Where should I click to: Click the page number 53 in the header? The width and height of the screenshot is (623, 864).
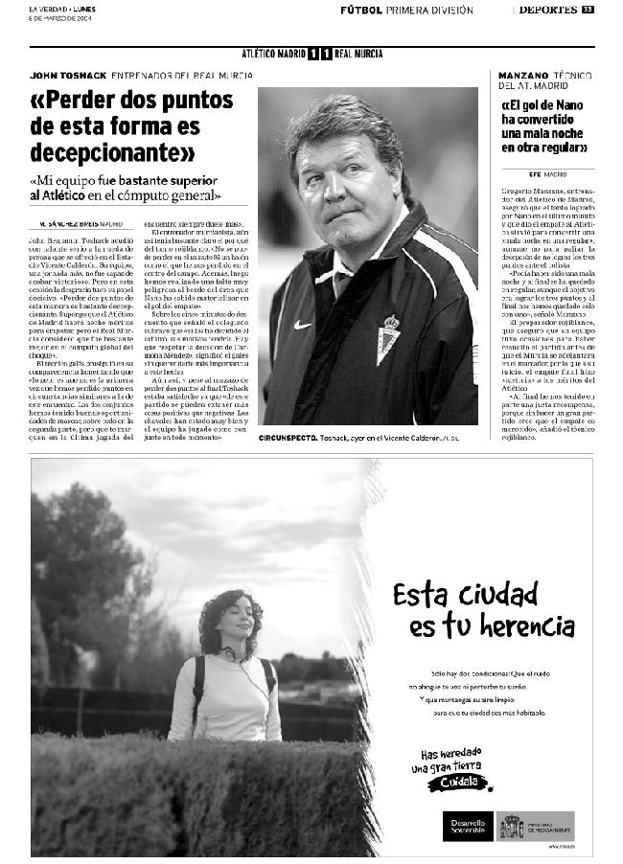(588, 11)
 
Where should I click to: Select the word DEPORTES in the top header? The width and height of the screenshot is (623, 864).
(547, 11)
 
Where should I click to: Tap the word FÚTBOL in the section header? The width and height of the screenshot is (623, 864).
(360, 11)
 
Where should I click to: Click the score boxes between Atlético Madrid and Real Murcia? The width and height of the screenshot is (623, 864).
(320, 54)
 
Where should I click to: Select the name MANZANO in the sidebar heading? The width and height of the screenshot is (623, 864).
(523, 75)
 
